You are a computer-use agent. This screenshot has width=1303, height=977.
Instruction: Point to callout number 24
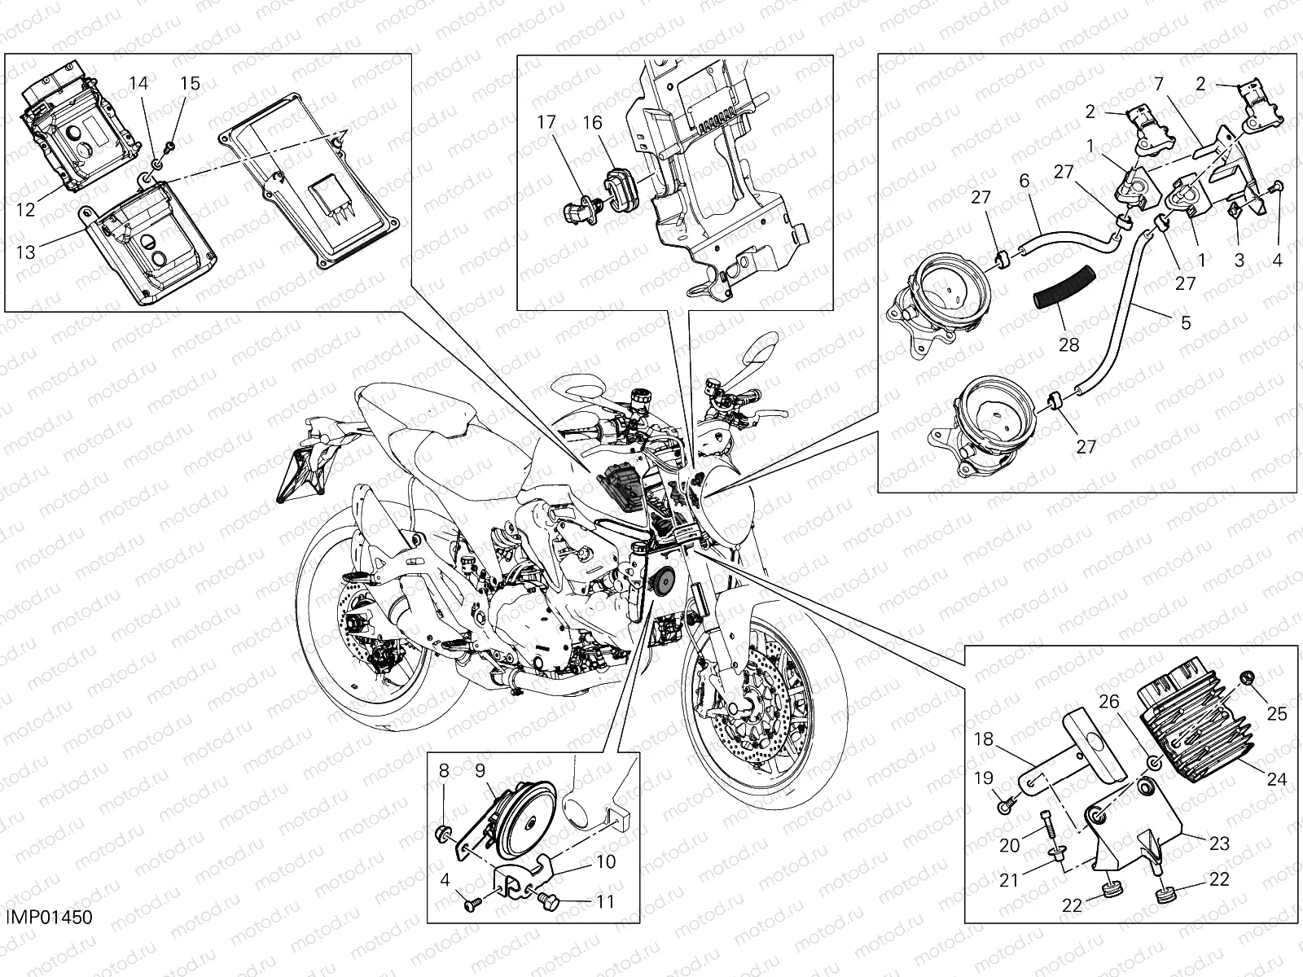point(1276,779)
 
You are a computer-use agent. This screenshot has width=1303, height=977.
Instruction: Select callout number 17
point(546,124)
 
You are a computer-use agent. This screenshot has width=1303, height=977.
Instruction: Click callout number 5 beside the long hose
point(1185,322)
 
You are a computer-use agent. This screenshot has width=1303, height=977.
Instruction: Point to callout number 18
point(984,739)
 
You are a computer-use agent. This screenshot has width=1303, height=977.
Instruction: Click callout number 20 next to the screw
point(1009,845)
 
